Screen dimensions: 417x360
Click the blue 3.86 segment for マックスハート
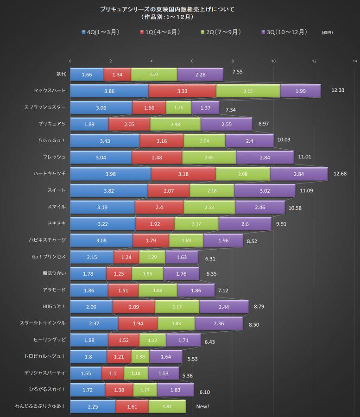[x=109, y=91]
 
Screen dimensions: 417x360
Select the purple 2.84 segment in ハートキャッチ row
[x=298, y=174]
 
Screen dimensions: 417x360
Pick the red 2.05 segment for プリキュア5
[x=129, y=124]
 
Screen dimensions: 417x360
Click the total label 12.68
[x=340, y=174]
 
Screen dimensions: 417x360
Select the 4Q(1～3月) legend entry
[x=100, y=32]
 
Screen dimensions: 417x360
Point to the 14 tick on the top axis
[x=355, y=61]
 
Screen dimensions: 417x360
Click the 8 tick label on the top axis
[x=233, y=61]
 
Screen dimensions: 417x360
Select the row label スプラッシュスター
[x=45, y=107]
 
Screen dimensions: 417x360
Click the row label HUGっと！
[x=54, y=306]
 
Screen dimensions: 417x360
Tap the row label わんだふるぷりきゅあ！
[x=40, y=406]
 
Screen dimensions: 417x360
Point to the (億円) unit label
[x=327, y=33]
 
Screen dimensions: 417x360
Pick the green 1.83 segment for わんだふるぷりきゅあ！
[x=167, y=406]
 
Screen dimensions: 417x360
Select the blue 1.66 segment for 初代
[x=87, y=75]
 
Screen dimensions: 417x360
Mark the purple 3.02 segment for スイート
[x=265, y=191]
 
